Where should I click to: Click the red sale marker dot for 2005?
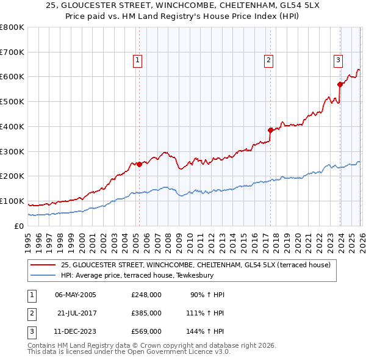pos(139,164)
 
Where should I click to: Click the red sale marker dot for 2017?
pos(270,130)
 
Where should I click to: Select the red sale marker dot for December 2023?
pos(340,84)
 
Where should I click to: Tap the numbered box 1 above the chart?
pos(138,60)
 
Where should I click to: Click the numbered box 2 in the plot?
pos(268,60)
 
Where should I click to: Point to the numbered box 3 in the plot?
pos(338,60)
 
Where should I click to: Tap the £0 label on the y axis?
pos(18,226)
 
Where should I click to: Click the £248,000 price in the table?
pos(146,295)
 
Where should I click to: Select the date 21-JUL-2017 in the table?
pos(77,313)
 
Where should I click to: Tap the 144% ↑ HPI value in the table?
pos(206,331)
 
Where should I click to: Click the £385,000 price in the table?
pos(146,313)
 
